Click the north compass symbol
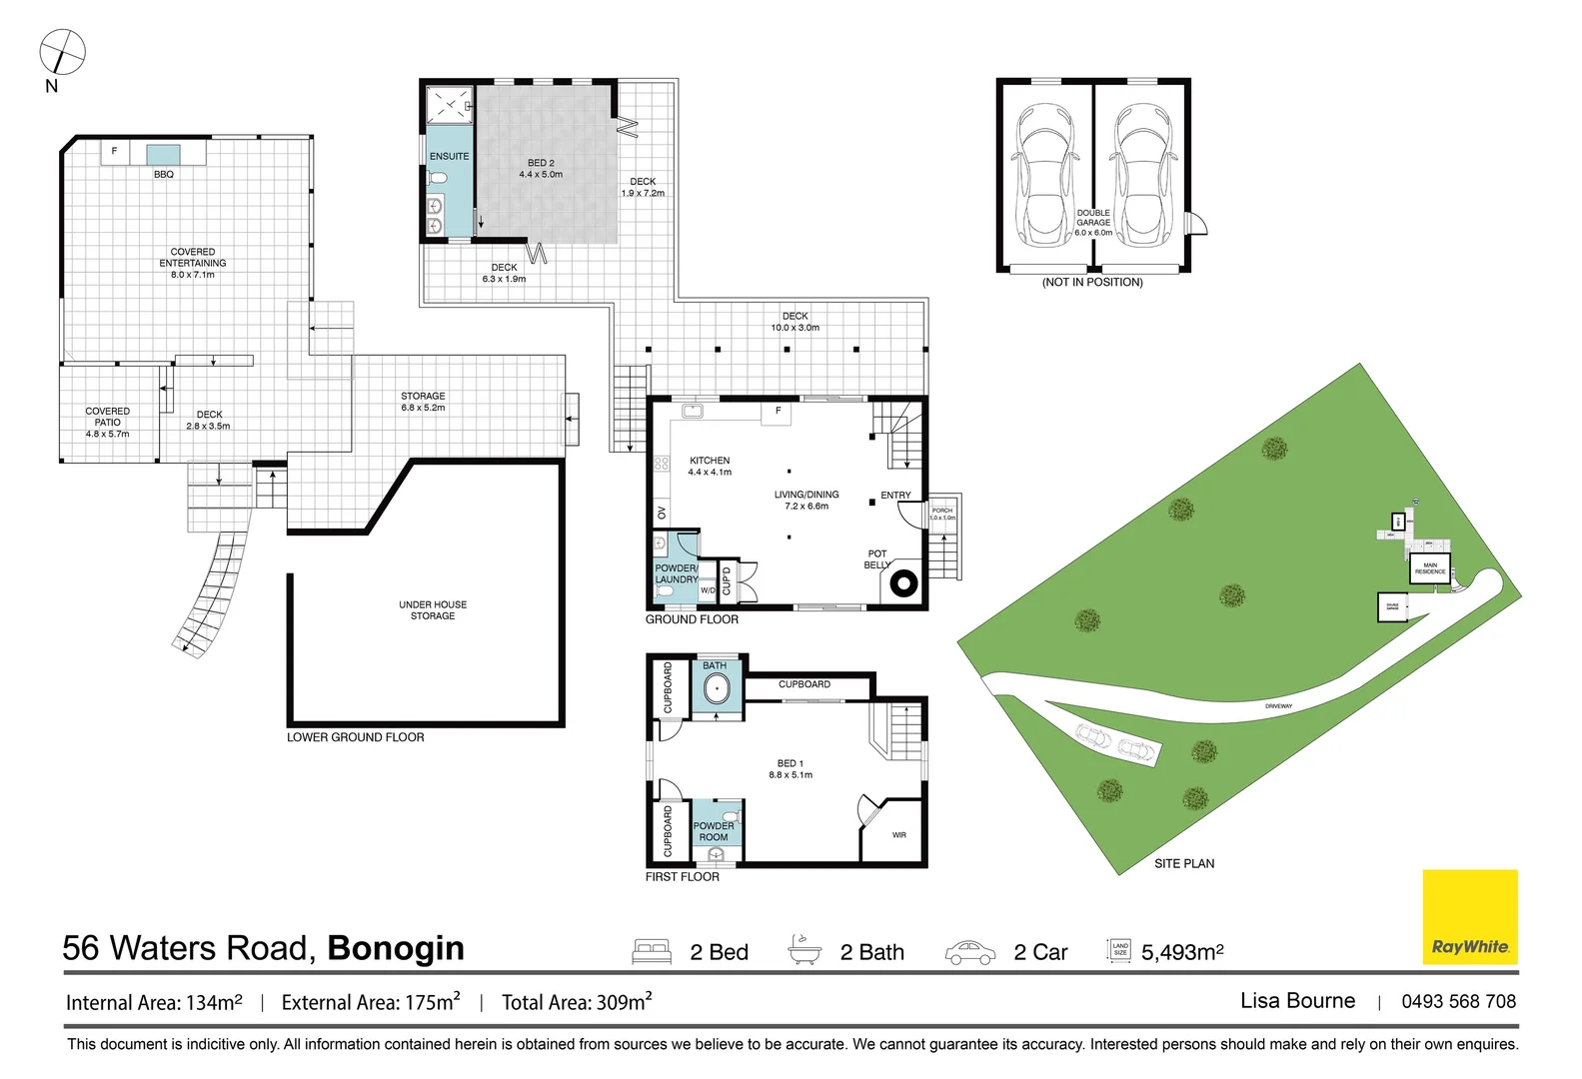(62, 51)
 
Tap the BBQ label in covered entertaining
(164, 175)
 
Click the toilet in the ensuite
(437, 179)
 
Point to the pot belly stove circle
(904, 584)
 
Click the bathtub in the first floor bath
(717, 689)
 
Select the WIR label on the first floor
(898, 835)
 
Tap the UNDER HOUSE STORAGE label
(433, 610)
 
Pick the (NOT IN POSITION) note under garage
(1092, 283)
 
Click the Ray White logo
(1469, 917)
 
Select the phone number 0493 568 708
(1458, 1001)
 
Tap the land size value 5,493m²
(1182, 952)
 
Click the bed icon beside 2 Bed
(652, 951)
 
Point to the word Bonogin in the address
(396, 948)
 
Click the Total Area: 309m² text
(577, 1002)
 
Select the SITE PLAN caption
(1184, 863)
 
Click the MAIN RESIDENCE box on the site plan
(1429, 568)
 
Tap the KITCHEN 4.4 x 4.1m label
(710, 467)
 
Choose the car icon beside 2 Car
(969, 952)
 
